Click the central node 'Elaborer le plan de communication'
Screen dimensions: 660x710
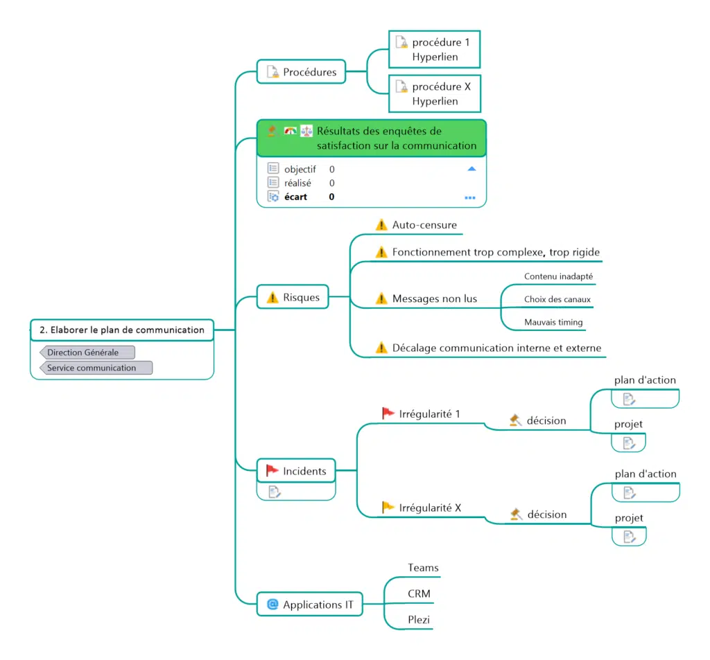(122, 330)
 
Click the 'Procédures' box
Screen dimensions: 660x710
(302, 72)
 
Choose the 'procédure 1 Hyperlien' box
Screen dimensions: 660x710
(435, 49)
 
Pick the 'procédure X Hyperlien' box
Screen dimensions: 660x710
(435, 93)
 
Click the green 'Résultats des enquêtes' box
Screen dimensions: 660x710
(372, 138)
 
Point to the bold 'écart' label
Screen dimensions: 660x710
(295, 197)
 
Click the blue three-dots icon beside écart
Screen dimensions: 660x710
(470, 197)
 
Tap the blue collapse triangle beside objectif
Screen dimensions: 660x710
(471, 168)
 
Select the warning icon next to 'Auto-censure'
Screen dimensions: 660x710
(381, 225)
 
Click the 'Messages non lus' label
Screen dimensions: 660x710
(435, 298)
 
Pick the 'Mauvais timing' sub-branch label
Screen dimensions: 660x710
(553, 322)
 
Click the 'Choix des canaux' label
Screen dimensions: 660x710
(557, 300)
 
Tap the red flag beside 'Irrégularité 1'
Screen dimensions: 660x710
(388, 413)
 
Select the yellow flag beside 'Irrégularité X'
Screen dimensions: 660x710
(388, 507)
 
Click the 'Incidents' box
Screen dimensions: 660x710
(296, 471)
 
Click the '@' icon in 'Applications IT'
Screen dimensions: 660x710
(272, 605)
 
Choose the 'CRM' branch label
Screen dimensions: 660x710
(419, 594)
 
